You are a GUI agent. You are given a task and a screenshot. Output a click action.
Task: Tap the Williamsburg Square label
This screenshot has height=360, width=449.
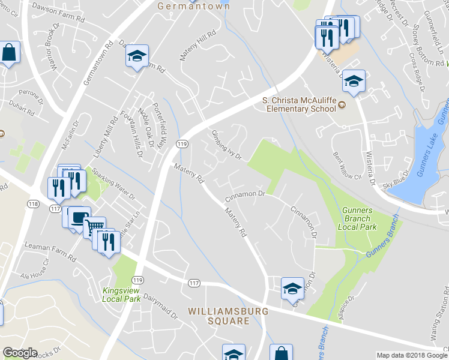pos(218,316)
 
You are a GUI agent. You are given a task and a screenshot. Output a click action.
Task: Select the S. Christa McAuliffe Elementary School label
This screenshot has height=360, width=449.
pos(298,104)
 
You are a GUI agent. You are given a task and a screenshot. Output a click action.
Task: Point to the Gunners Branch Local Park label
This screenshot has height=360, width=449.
pos(357,218)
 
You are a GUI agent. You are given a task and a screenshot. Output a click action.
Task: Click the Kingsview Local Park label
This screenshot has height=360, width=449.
pos(122,294)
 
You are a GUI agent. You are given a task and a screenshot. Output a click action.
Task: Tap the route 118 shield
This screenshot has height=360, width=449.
pos(33,204)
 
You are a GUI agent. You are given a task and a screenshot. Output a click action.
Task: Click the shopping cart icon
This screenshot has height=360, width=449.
pos(94,228)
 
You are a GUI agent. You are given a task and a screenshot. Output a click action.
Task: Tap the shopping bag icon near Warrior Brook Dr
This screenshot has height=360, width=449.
pos(9,52)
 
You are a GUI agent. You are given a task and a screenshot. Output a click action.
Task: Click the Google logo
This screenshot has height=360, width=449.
pos(20,353)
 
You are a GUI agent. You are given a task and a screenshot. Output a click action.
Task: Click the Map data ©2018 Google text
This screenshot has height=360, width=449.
pos(412,355)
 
